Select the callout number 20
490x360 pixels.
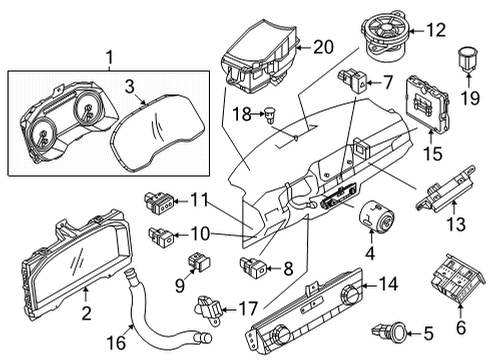pyautogui.click(x=321, y=47)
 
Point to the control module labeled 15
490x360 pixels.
pyautogui.click(x=427, y=105)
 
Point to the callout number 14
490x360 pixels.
pyautogui.click(x=387, y=285)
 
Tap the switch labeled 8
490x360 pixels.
pyautogui.click(x=253, y=268)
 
